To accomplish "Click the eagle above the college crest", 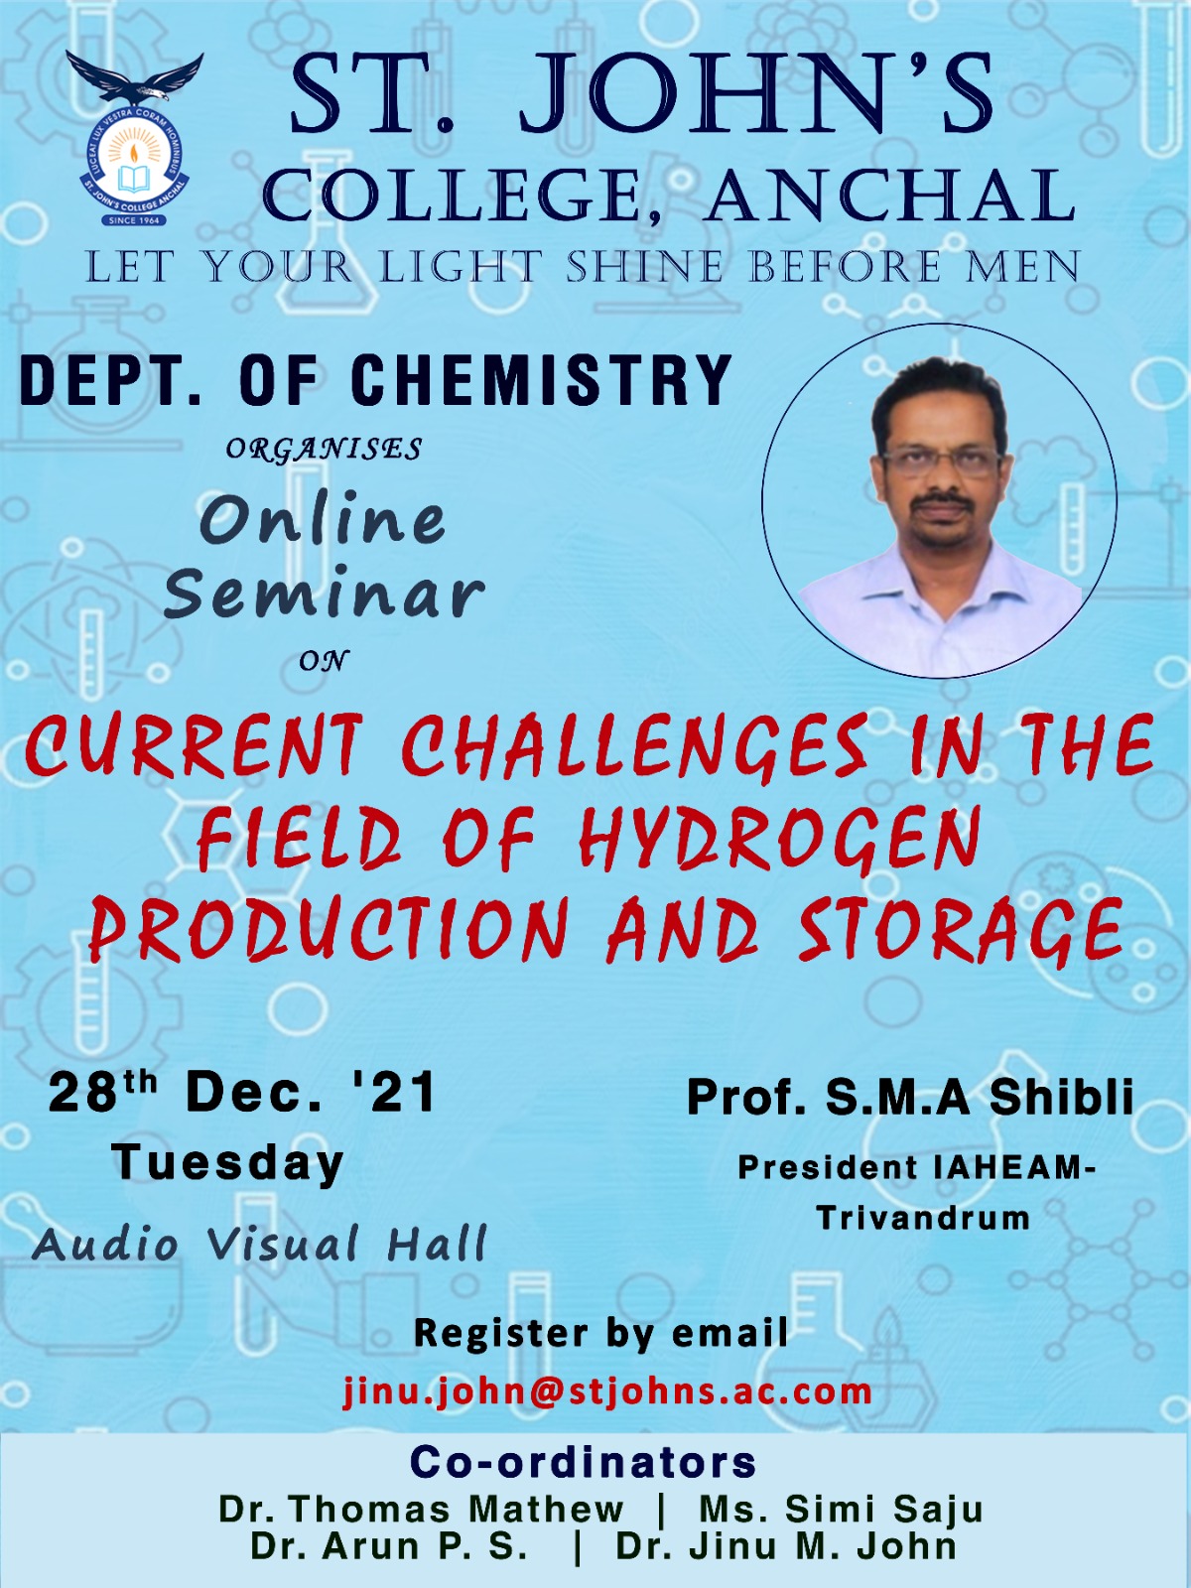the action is point(135,81).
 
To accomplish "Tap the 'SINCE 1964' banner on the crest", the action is point(133,220).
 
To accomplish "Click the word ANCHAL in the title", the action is point(888,195).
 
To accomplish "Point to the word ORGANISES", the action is point(324,450).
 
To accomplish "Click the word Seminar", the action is point(329,596).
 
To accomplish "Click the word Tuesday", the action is point(227,1164).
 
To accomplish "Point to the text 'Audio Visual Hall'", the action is point(258,1246).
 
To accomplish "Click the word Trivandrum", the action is point(923,1219).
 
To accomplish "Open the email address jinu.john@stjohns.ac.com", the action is point(606,1389).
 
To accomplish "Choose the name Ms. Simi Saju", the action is point(841,1511).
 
